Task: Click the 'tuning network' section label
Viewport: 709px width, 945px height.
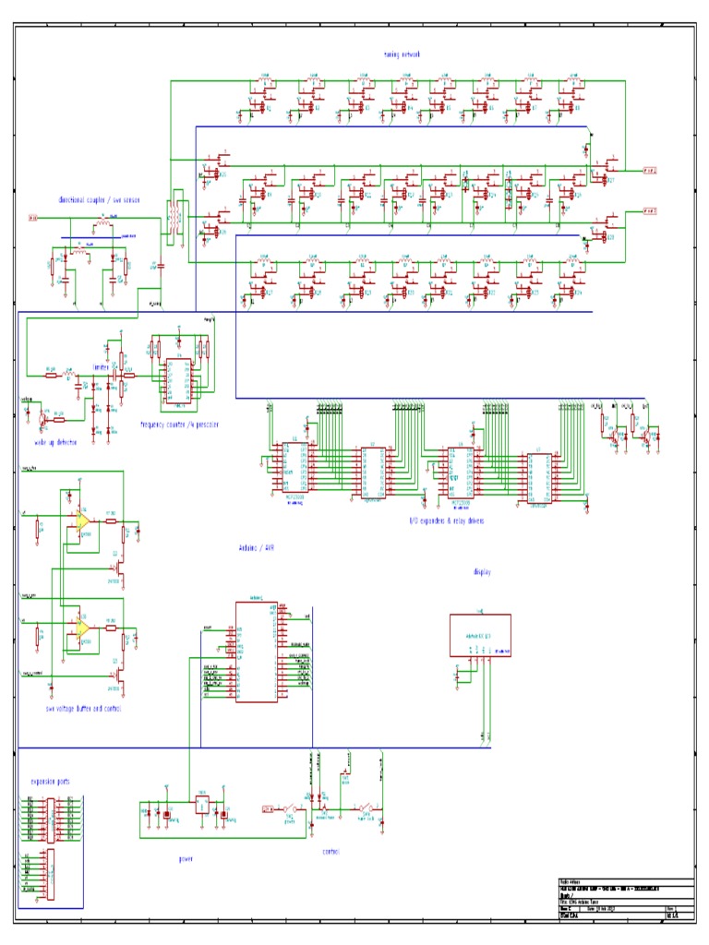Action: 402,54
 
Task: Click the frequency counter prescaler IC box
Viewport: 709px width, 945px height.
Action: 177,380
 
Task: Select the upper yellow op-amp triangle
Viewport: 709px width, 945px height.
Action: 81,520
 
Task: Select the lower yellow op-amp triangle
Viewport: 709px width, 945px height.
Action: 81,627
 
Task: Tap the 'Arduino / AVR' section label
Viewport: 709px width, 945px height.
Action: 257,547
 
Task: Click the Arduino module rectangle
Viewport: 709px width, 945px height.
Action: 254,651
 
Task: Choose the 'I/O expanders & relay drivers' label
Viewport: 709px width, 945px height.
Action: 447,520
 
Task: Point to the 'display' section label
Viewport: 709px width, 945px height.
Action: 482,572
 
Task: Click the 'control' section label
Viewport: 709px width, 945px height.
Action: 330,852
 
